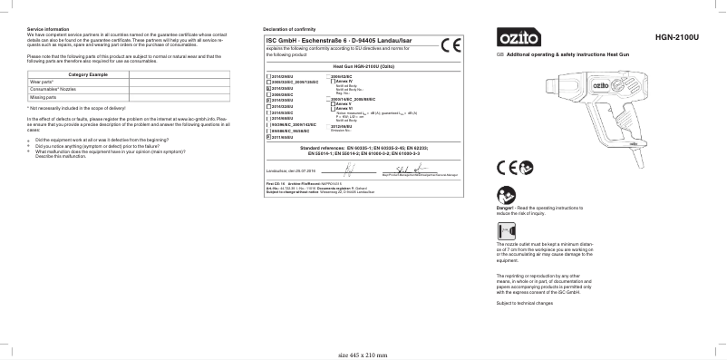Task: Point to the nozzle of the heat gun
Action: tap(553, 88)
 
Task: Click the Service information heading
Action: tap(48, 30)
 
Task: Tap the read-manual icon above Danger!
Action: tap(505, 194)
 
